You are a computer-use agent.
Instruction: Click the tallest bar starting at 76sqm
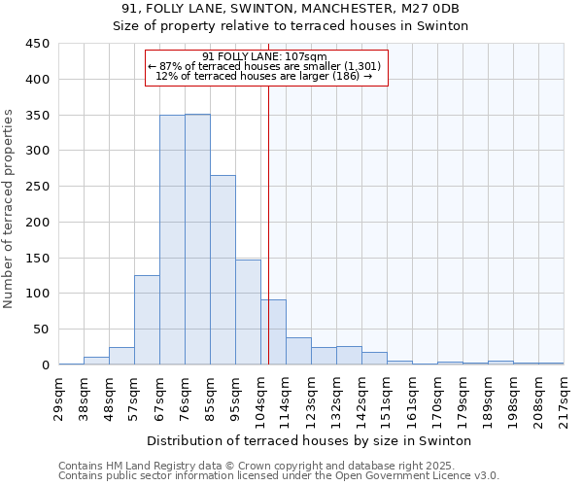click(197, 239)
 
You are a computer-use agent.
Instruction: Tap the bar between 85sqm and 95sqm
click(223, 270)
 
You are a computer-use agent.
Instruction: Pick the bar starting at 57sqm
click(147, 320)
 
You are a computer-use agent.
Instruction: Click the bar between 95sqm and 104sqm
click(248, 312)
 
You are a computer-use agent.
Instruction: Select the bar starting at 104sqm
click(273, 332)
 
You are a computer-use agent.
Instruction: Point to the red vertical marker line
click(268, 224)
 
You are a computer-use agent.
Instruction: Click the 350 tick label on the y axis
click(36, 115)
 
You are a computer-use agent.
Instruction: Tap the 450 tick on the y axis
click(36, 44)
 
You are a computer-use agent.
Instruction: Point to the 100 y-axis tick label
click(36, 294)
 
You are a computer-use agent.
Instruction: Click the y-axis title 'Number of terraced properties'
click(9, 208)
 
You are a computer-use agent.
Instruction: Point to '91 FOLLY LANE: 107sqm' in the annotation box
click(265, 56)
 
